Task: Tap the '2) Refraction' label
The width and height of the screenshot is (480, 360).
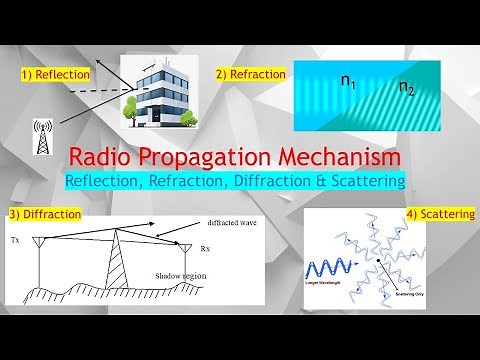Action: point(251,74)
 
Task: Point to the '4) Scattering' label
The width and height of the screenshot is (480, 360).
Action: point(441,214)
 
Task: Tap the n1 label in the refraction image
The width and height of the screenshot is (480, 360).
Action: point(349,83)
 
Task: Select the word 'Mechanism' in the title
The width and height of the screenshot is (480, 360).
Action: point(349,158)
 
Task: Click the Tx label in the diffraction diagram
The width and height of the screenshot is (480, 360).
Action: point(16,241)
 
